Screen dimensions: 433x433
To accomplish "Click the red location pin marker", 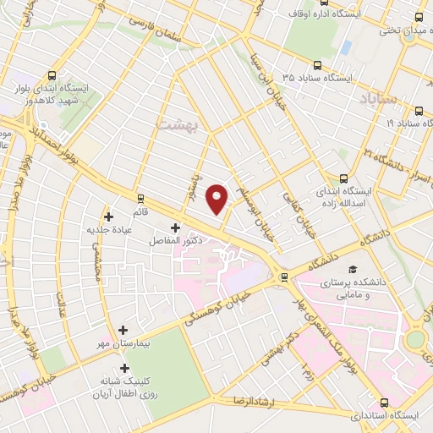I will coord(218,198).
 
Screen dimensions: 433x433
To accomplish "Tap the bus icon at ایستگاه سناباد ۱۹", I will coord(419,110).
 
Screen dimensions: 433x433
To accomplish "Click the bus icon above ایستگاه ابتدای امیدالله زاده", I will coord(343,178).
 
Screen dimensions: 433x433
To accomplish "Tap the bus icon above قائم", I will coord(140,199).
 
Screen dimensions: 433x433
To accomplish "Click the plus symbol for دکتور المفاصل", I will coord(175,227).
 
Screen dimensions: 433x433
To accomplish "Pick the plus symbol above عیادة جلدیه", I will coord(108,216).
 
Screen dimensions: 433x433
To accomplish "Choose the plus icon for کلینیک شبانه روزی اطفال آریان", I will coord(125,368).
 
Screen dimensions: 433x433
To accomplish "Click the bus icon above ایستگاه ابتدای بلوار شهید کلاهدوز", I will coord(53,74).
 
